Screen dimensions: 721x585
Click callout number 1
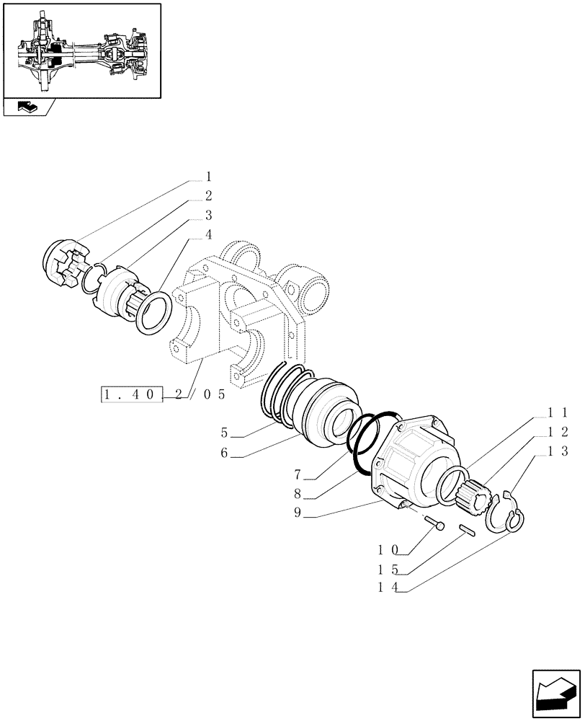pyautogui.click(x=208, y=177)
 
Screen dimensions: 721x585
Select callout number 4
pyautogui.click(x=208, y=234)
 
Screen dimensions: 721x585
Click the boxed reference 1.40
pyautogui.click(x=133, y=394)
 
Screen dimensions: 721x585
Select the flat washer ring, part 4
pyautogui.click(x=153, y=311)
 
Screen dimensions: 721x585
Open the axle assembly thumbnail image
pyautogui.click(x=82, y=50)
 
